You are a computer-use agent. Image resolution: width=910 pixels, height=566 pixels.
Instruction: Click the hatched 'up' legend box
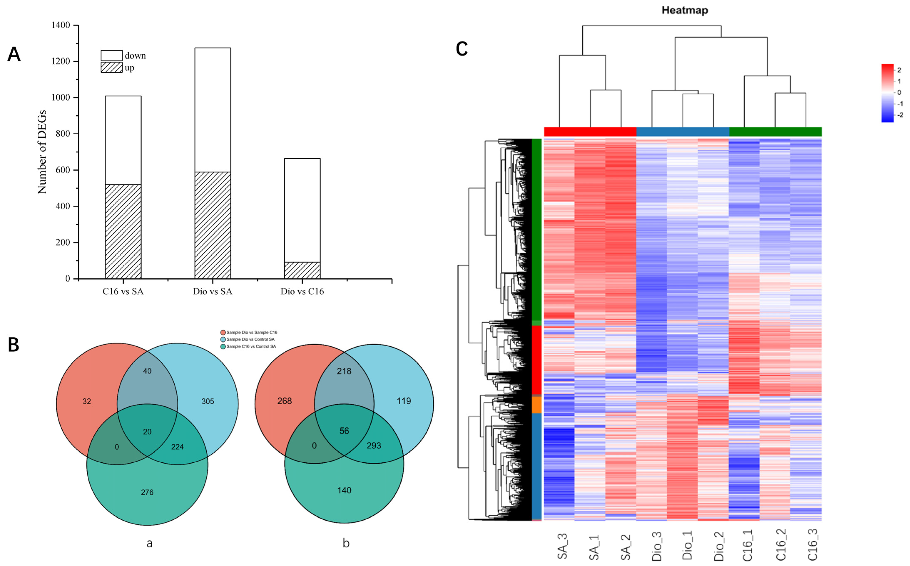pyautogui.click(x=112, y=67)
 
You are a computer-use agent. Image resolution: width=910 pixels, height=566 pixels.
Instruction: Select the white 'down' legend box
pyautogui.click(x=112, y=55)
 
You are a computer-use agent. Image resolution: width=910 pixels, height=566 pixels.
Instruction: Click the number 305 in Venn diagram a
pyautogui.click(x=208, y=401)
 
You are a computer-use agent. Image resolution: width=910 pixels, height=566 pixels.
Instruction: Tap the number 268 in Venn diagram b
pyautogui.click(x=284, y=401)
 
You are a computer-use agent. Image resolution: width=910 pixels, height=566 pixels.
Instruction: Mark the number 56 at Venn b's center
pyautogui.click(x=344, y=431)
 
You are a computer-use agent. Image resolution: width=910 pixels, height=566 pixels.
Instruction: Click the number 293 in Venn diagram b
pyautogui.click(x=374, y=445)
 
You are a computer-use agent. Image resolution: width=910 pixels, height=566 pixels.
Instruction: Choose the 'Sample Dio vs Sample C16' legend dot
pyautogui.click(x=223, y=332)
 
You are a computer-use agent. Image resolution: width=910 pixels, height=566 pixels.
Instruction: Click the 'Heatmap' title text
pyautogui.click(x=685, y=10)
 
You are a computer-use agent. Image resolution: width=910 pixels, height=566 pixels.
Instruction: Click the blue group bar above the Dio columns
pyautogui.click(x=683, y=132)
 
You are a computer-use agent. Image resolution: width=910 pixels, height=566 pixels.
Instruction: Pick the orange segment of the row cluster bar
pyautogui.click(x=536, y=405)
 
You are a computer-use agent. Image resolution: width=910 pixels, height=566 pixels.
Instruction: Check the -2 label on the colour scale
pyautogui.click(x=900, y=115)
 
